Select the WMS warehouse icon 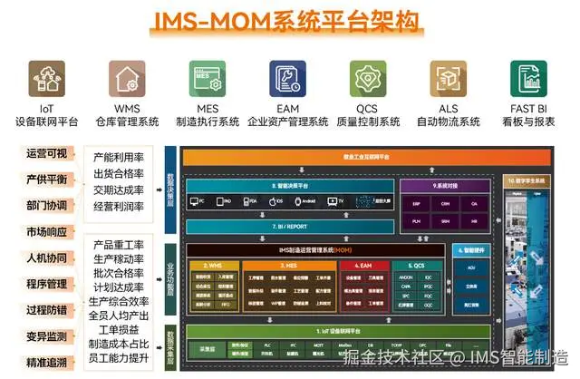(x=124, y=79)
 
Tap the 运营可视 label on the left (x=45, y=153)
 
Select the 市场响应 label (x=45, y=230)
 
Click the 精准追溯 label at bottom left (x=45, y=363)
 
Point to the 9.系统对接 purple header (x=447, y=185)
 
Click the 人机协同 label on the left (x=45, y=257)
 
